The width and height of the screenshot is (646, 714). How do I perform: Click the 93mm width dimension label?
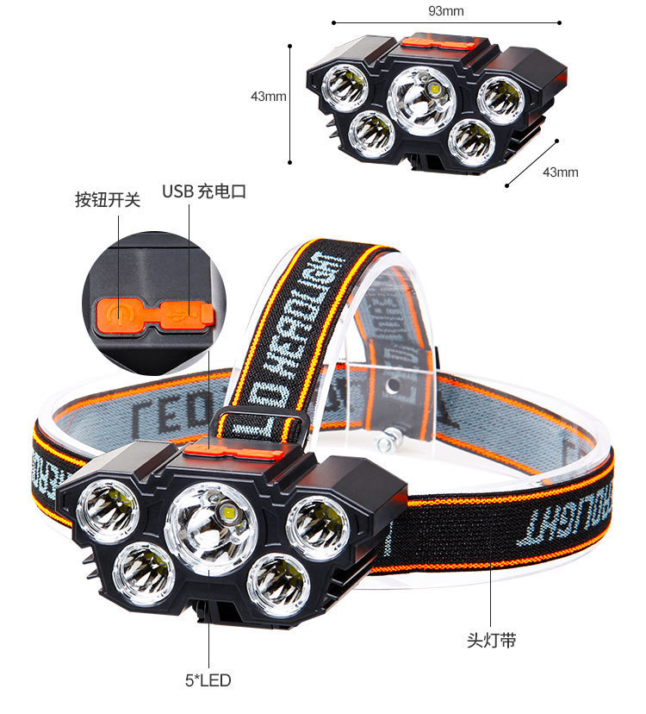pyautogui.click(x=446, y=11)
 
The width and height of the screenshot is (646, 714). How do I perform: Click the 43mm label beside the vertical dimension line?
pyautogui.click(x=269, y=97)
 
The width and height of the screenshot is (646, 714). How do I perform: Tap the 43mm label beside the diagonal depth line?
pyautogui.click(x=561, y=172)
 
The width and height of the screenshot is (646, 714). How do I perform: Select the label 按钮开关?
pyautogui.click(x=108, y=199)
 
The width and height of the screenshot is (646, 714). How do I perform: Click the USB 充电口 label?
pyautogui.click(x=204, y=191)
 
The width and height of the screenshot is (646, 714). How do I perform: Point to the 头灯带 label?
pyautogui.click(x=491, y=640)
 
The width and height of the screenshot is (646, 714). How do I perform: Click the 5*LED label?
pyautogui.click(x=208, y=680)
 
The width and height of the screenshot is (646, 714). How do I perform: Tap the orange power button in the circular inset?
pyautogui.click(x=119, y=315)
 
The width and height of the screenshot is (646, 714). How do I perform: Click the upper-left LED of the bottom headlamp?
pyautogui.click(x=109, y=510)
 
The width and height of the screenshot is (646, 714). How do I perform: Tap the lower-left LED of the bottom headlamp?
pyautogui.click(x=144, y=573)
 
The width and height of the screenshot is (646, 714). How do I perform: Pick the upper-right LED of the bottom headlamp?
pyautogui.click(x=318, y=529)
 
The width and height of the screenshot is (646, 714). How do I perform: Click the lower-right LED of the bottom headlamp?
pyautogui.click(x=278, y=586)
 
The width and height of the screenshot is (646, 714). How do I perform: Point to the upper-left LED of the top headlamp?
pyautogui.click(x=345, y=88)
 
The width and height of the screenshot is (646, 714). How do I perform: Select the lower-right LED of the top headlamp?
pyautogui.click(x=472, y=142)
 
